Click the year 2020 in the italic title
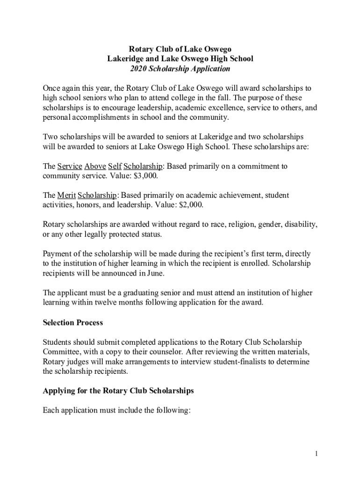138,69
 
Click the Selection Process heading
72,323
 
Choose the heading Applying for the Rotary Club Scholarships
118,390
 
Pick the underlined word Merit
66,195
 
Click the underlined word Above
95,166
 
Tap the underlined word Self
115,166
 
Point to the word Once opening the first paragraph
51,88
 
